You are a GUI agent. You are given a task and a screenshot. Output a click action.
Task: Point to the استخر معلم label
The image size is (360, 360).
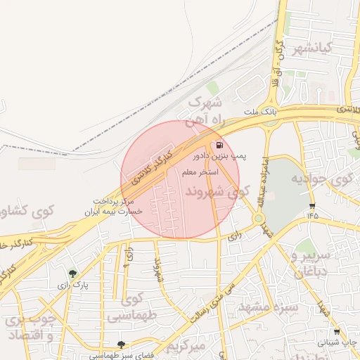[x=200, y=172]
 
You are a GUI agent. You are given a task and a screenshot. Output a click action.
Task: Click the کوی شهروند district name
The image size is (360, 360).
[x=218, y=191]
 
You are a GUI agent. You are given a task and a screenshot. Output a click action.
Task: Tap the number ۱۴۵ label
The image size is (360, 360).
[x=312, y=215]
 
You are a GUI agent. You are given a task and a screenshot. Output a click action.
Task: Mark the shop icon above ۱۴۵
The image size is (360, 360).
[x=312, y=206]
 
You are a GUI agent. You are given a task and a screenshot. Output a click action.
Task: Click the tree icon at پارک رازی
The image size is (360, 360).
[x=72, y=274]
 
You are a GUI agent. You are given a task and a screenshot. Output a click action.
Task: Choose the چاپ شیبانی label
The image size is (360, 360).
[x=337, y=342]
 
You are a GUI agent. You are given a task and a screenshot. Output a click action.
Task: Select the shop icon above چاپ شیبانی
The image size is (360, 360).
[x=337, y=332]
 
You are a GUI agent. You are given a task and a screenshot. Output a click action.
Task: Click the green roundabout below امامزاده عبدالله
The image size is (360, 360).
[x=259, y=219]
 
